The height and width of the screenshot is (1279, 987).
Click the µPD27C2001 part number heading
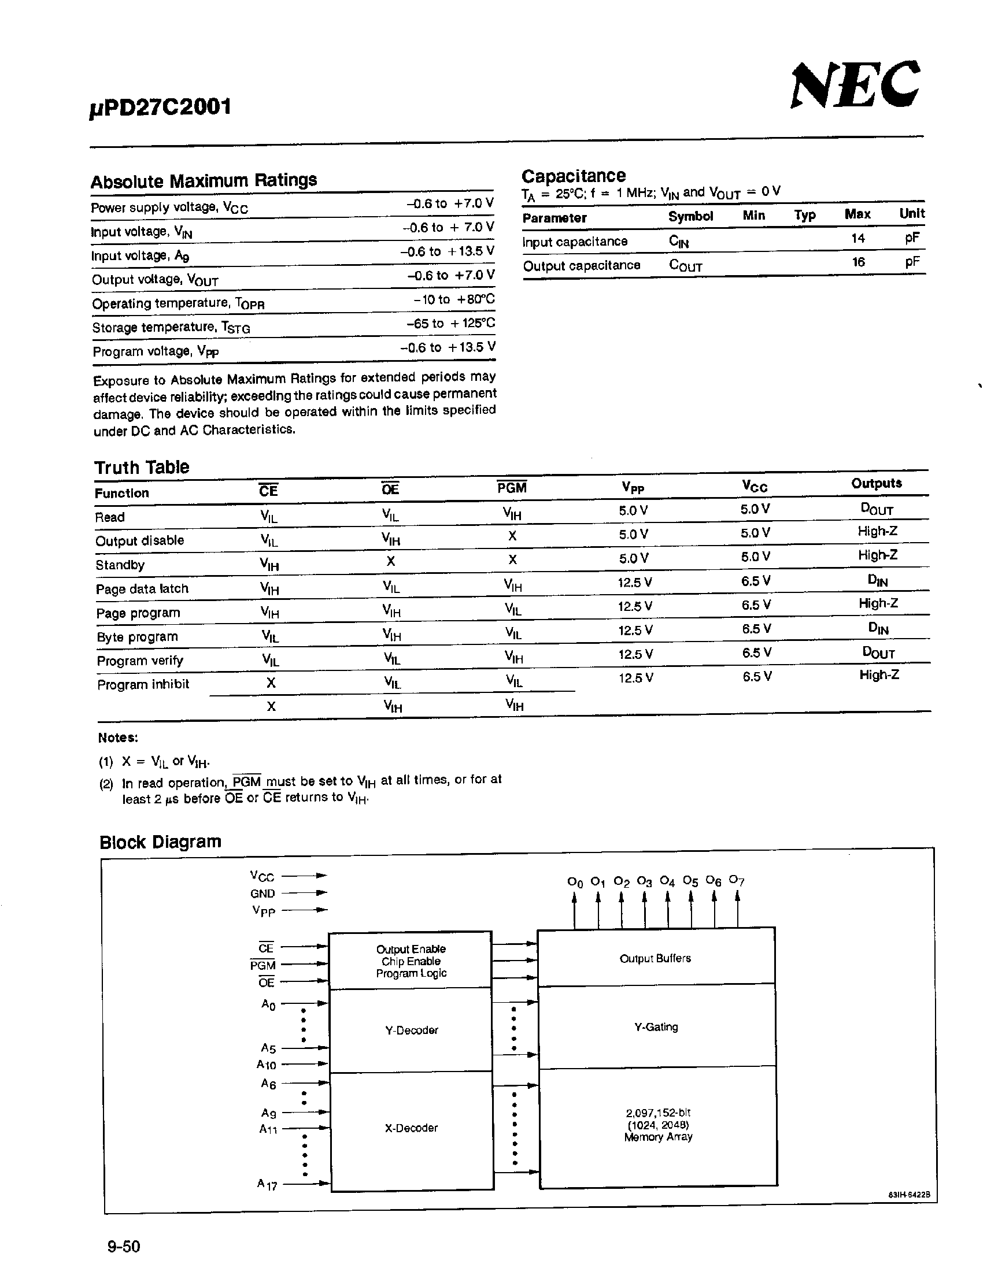(161, 107)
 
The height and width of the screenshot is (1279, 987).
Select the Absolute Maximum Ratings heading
(204, 180)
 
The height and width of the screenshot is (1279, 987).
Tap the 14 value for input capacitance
(857, 238)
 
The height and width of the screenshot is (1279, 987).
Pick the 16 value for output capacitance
(858, 262)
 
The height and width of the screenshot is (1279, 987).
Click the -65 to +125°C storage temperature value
(450, 323)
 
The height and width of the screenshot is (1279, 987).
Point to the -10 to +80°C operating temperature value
(453, 299)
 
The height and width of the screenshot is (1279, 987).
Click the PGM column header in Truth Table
(512, 488)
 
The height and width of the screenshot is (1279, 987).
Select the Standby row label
(120, 565)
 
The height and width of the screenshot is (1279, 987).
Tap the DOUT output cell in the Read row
(877, 509)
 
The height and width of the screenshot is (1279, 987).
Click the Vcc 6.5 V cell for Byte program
(756, 629)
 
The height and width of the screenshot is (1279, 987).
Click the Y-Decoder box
(411, 1030)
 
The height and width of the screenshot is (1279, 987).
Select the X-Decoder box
(411, 1128)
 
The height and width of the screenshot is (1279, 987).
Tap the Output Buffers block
(656, 958)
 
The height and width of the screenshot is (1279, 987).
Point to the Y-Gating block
(656, 1026)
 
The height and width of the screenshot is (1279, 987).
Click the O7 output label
(736, 880)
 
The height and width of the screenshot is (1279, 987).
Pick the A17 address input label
(267, 1184)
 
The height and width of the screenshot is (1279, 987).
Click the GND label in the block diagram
(263, 894)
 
